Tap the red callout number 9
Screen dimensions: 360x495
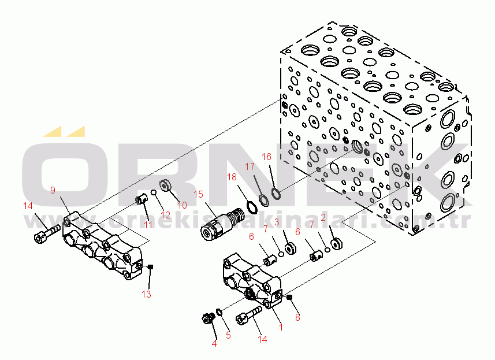click(53, 190)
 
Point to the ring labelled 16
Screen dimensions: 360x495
click(276, 191)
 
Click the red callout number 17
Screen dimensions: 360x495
click(250, 166)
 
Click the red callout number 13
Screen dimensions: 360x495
click(147, 295)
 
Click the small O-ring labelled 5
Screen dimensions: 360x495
click(219, 313)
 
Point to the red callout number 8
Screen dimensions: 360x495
click(298, 317)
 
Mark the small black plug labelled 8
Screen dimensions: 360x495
click(290, 297)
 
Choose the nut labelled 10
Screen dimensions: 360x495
click(163, 185)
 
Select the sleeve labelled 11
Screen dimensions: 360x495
click(140, 201)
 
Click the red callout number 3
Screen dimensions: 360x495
click(277, 222)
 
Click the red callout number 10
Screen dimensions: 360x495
click(181, 205)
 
